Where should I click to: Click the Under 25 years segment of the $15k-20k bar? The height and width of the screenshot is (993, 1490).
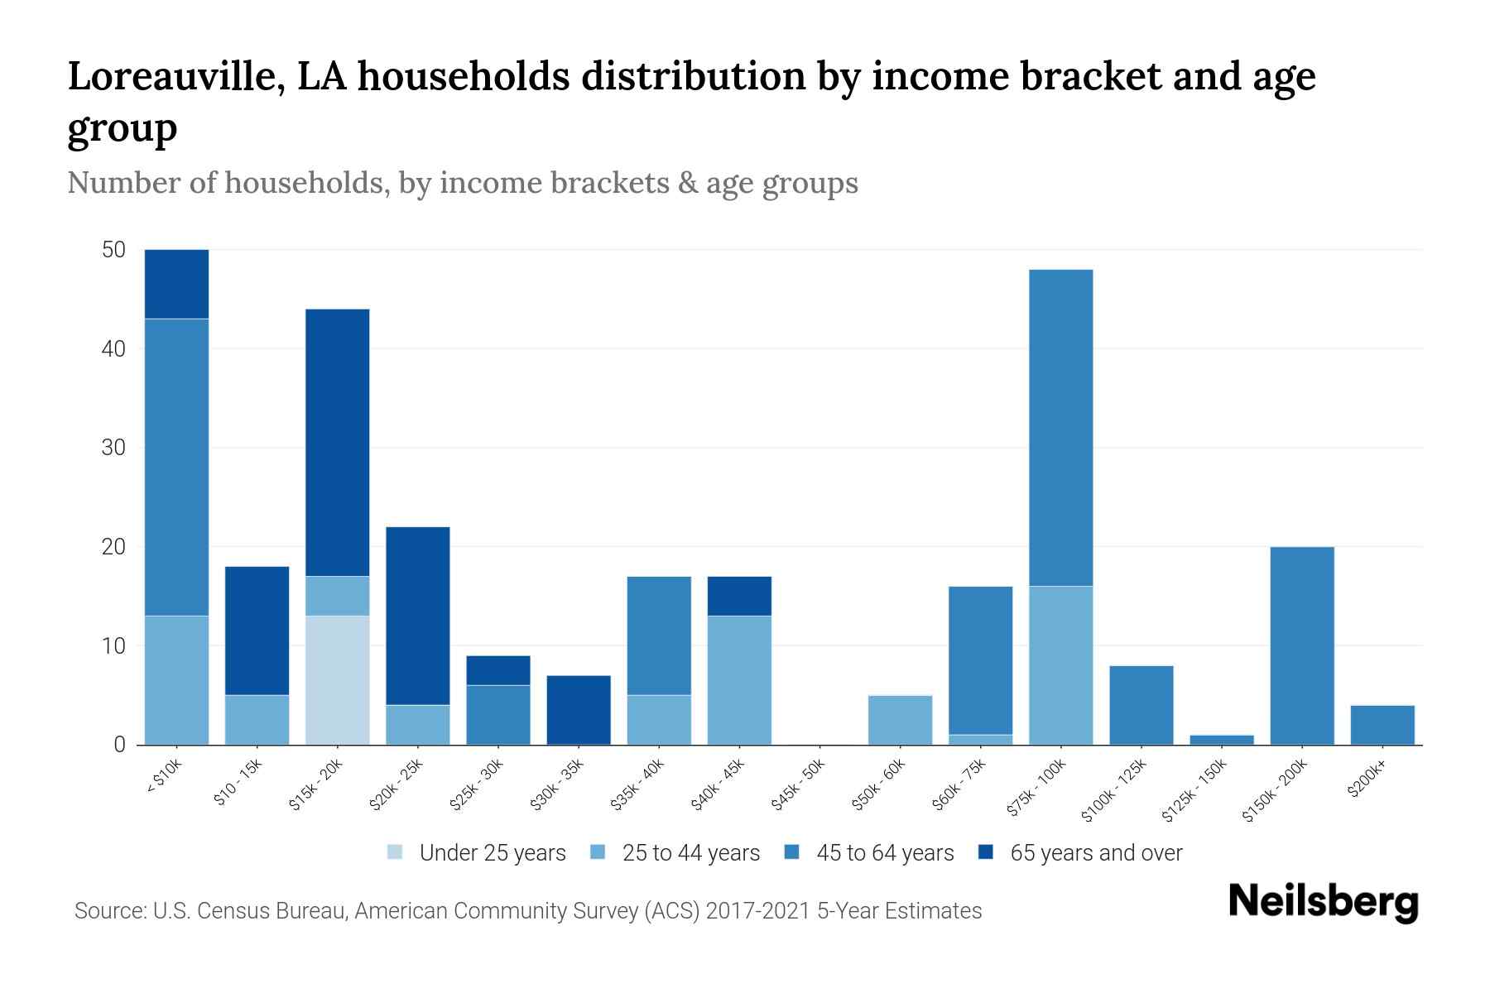[x=337, y=680]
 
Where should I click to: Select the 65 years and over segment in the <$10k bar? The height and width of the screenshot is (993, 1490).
[x=176, y=284]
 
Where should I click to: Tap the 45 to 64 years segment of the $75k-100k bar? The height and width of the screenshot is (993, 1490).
[x=1060, y=428]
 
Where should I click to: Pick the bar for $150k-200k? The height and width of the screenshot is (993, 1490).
[x=1301, y=645]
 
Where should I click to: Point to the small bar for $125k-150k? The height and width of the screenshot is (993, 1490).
[x=1221, y=740]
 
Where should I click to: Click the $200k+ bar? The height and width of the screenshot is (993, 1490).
[x=1382, y=725]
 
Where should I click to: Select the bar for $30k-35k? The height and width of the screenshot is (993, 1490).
[x=579, y=710]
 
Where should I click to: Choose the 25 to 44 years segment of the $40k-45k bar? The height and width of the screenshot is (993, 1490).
[x=739, y=680]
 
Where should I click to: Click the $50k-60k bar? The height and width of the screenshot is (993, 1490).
[x=900, y=720]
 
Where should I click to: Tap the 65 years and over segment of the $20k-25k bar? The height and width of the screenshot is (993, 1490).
[x=418, y=616]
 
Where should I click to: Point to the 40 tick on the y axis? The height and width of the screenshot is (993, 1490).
[x=113, y=348]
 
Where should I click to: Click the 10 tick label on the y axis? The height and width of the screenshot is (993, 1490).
[x=113, y=645]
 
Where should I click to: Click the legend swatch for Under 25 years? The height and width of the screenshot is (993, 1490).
[x=396, y=852]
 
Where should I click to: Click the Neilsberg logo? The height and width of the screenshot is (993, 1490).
[x=1323, y=902]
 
